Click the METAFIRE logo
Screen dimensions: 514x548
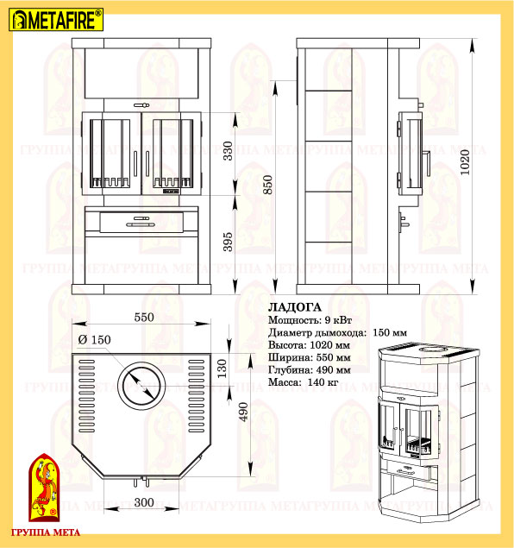coord(56,20)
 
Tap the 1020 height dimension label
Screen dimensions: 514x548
coord(465,162)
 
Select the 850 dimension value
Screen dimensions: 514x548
coord(267,185)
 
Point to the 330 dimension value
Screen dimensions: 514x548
coord(228,151)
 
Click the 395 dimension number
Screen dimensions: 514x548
coord(228,242)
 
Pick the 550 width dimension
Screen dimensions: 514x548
coord(144,317)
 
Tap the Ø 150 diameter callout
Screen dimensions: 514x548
coord(94,339)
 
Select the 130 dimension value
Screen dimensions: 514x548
coord(223,368)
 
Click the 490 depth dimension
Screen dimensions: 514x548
coord(243,412)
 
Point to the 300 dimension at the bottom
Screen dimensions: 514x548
coord(144,502)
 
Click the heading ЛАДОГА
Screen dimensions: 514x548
coord(295,307)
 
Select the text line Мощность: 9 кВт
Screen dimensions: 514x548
coord(310,320)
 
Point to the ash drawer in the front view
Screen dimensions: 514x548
coord(141,222)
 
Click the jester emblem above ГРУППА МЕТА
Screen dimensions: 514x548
coord(44,488)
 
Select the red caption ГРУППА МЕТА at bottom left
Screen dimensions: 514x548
coord(46,532)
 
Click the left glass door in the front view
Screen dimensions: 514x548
coord(112,154)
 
